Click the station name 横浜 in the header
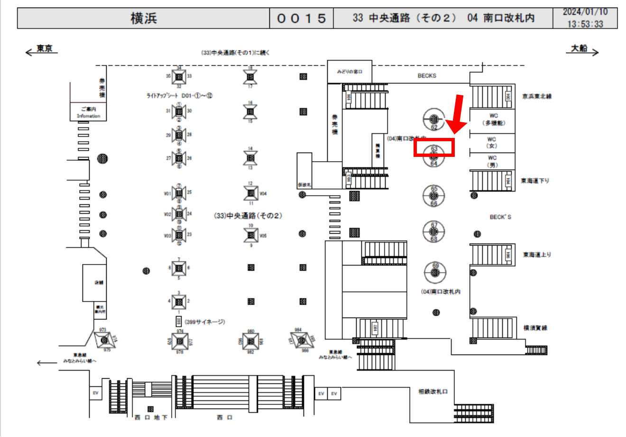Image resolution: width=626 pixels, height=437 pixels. pos(143,18)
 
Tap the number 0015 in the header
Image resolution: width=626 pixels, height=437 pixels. pos(302,18)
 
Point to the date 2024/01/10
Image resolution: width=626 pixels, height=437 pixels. pos(585,12)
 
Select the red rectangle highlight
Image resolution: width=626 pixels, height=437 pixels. pos(434,147)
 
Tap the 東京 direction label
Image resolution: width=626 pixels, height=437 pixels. pos(45,49)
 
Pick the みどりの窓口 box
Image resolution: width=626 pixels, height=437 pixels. pos(350,72)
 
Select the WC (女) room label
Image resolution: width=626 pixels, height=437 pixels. pos(491,143)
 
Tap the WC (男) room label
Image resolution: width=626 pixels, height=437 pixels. pos(491,161)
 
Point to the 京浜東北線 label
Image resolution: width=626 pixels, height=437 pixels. pos(537,96)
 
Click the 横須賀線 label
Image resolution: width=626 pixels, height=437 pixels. pos(535,328)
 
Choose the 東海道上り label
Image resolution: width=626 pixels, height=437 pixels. pos(537,255)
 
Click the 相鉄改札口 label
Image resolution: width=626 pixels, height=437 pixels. pos(433,391)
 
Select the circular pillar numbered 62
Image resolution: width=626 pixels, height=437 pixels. pos(433,119)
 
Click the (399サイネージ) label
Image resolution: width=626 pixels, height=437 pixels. pos(204,322)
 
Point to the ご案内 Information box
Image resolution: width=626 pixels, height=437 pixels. pos(88,112)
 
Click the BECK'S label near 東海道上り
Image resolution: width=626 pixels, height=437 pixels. pos(500,217)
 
